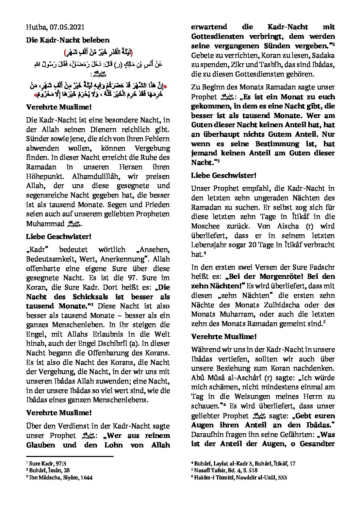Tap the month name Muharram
[x=234, y=315]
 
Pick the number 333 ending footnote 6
[x=282, y=477]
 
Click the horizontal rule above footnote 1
[x=70, y=457]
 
